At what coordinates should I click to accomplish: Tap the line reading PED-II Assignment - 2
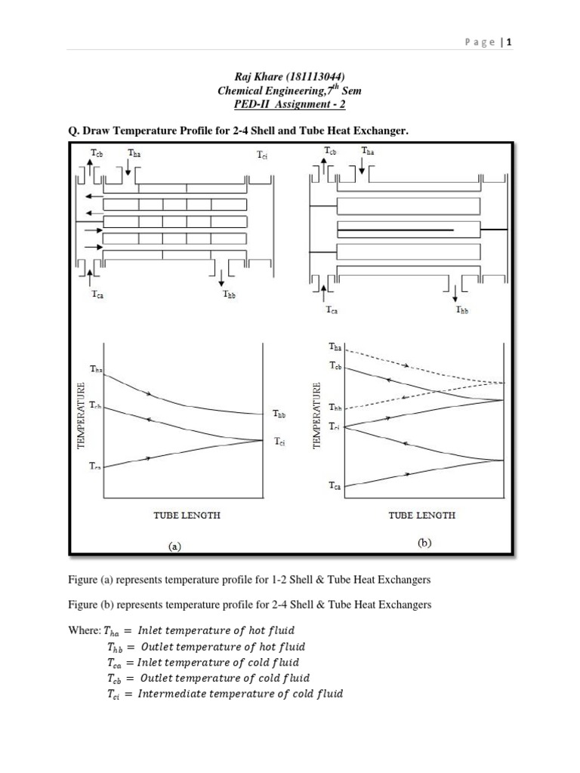click(290, 105)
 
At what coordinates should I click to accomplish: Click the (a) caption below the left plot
click(174, 546)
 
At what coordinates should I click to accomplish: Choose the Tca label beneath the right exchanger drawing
click(332, 310)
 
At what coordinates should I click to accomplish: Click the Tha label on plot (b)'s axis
click(335, 346)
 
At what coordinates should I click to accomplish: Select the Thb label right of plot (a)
click(279, 414)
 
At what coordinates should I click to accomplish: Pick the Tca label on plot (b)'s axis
click(335, 487)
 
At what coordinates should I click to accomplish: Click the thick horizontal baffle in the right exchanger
click(395, 229)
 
